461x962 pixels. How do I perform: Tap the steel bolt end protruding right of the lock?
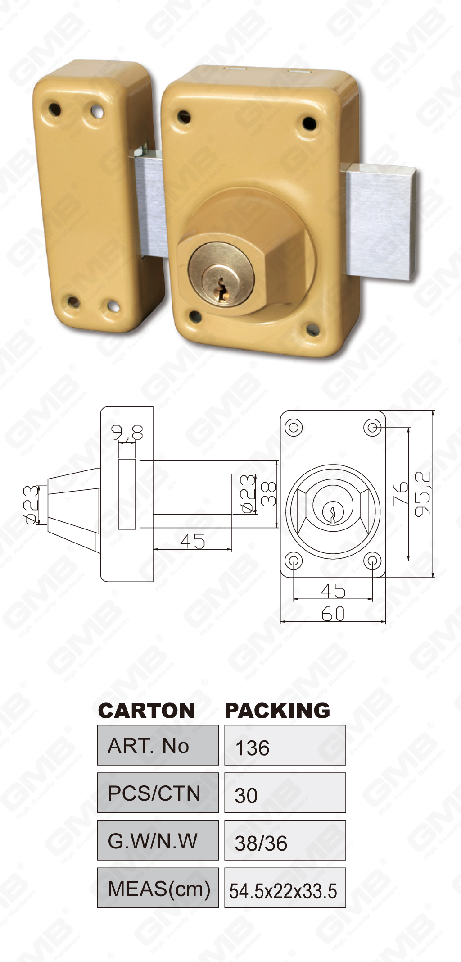[x=380, y=222]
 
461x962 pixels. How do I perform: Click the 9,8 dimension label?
[x=127, y=433]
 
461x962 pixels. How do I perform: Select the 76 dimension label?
[x=400, y=493]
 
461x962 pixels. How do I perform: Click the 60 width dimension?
[x=333, y=614]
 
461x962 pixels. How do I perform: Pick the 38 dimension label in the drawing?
[x=268, y=493]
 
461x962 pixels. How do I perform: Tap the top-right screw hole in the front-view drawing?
[x=372, y=427]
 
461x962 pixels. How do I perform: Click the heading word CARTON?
[x=146, y=711]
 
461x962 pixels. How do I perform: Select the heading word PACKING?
[x=277, y=711]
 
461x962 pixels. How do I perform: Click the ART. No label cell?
[x=158, y=745]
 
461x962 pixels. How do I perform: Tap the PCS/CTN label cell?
[x=158, y=793]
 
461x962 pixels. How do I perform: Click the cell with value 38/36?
[x=285, y=841]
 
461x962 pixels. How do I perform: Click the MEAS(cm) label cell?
[x=158, y=889]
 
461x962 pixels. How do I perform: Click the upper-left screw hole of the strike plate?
[x=54, y=109]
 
